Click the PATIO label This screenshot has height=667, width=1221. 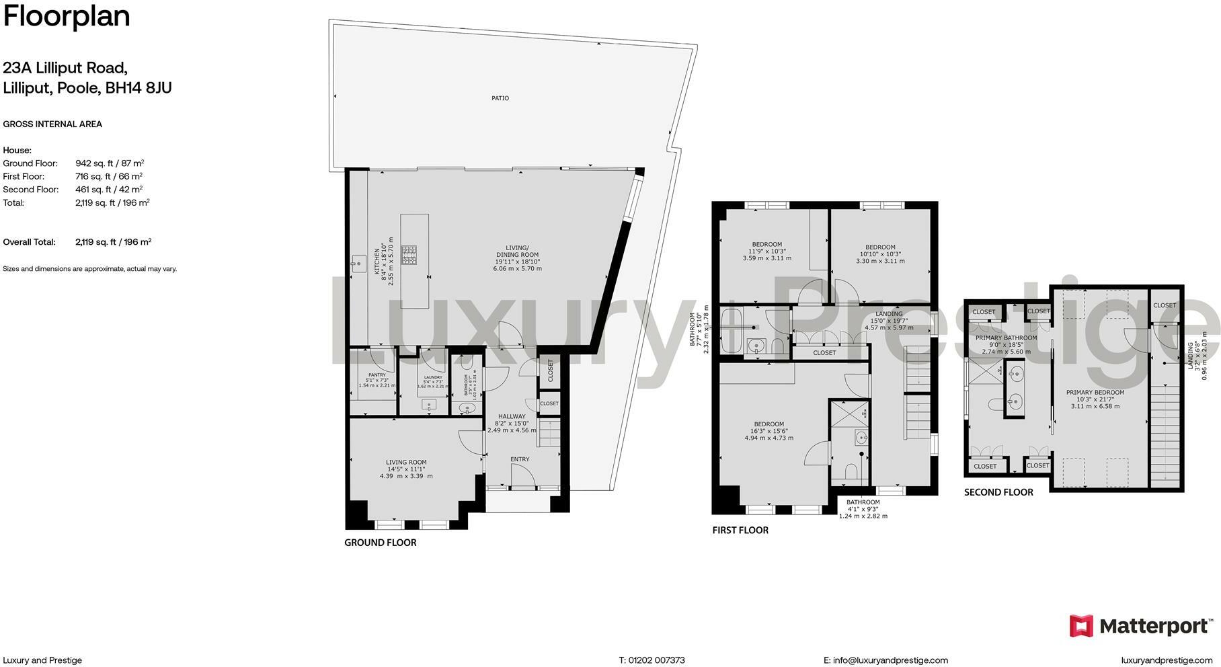point(500,98)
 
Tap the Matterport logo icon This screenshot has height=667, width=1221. point(1081,626)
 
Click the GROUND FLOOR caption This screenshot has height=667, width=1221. point(380,543)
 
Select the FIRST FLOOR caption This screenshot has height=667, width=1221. point(740,531)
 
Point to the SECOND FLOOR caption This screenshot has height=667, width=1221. point(998,492)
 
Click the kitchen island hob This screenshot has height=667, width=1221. point(409,255)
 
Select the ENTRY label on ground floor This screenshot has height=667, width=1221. point(519,459)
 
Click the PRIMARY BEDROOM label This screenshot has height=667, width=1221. point(1095,393)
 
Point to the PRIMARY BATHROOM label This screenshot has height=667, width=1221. point(1006,338)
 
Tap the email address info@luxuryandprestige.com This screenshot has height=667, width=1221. point(890,660)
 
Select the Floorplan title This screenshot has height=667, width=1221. point(67,16)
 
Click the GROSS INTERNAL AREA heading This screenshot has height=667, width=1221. point(52,124)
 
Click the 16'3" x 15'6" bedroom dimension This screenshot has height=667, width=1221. point(769,431)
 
